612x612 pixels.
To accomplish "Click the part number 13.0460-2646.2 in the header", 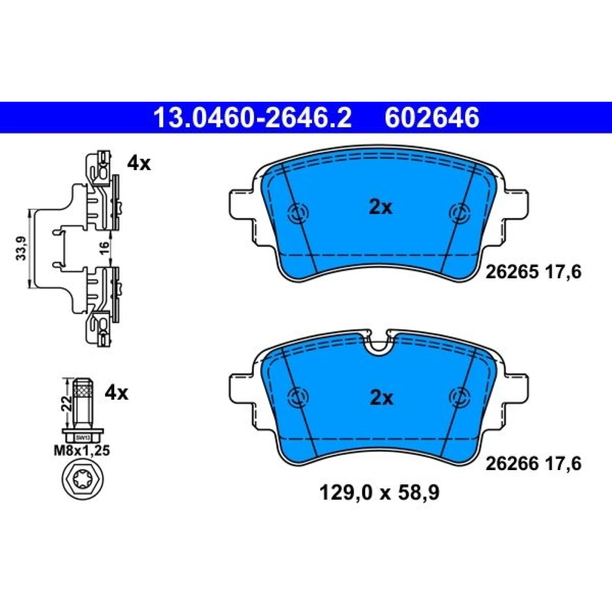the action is tap(252, 117).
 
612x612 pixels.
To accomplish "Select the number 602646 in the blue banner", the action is tap(432, 117).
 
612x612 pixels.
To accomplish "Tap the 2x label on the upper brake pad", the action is tap(381, 208).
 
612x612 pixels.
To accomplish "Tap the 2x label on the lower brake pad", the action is tap(381, 399).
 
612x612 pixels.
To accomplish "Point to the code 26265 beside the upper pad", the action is tap(512, 272).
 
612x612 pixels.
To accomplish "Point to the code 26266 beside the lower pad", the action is tap(512, 464).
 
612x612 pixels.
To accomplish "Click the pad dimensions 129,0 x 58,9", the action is tap(379, 493).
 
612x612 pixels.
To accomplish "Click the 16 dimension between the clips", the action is tap(104, 248).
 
